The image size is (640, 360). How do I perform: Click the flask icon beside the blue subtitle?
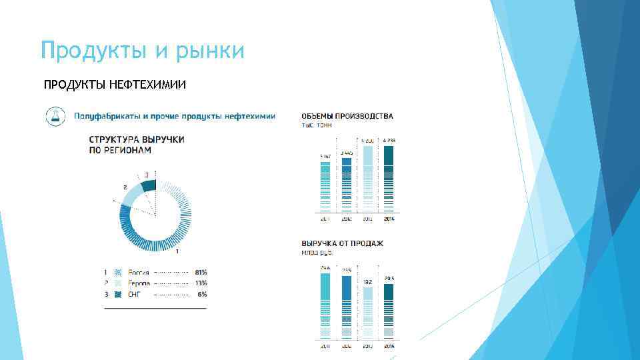pyautogui.click(x=55, y=116)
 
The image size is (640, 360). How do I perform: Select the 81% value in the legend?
pyautogui.click(x=201, y=273)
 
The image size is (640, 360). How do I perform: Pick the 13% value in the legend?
pyautogui.click(x=201, y=283)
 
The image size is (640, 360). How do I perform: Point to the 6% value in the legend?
pyautogui.click(x=202, y=294)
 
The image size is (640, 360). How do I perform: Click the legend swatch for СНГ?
pyautogui.click(x=117, y=294)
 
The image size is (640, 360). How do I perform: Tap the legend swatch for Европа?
pyautogui.click(x=117, y=283)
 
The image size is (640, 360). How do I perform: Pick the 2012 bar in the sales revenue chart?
pyautogui.click(x=346, y=308)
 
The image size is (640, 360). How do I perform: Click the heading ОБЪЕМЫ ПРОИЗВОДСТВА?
pyautogui.click(x=347, y=116)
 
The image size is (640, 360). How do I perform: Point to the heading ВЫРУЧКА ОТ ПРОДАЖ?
pyautogui.click(x=343, y=243)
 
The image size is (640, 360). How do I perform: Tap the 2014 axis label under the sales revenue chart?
pyautogui.click(x=389, y=346)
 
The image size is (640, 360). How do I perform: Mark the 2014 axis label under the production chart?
pyautogui.click(x=389, y=219)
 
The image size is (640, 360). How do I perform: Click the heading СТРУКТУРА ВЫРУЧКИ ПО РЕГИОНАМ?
pyautogui.click(x=137, y=145)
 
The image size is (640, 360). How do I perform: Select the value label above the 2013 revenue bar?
pyautogui.click(x=368, y=282)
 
